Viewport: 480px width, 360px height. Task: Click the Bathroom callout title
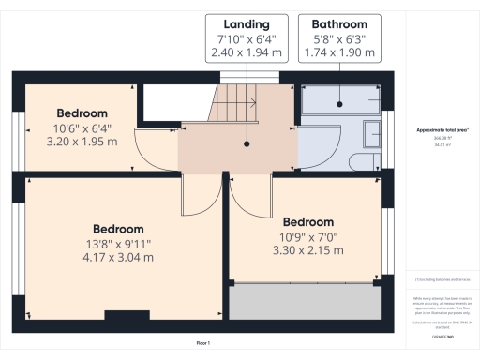click(333, 23)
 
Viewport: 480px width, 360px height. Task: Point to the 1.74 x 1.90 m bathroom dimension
click(333, 54)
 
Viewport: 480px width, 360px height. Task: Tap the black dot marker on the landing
click(248, 145)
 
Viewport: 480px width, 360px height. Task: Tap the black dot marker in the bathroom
click(333, 145)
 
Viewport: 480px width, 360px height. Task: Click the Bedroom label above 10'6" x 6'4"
click(82, 113)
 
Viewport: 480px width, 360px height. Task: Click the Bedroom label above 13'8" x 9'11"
click(117, 229)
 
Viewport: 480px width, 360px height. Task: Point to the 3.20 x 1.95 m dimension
click(82, 142)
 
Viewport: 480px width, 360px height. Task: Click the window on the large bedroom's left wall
click(16, 247)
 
